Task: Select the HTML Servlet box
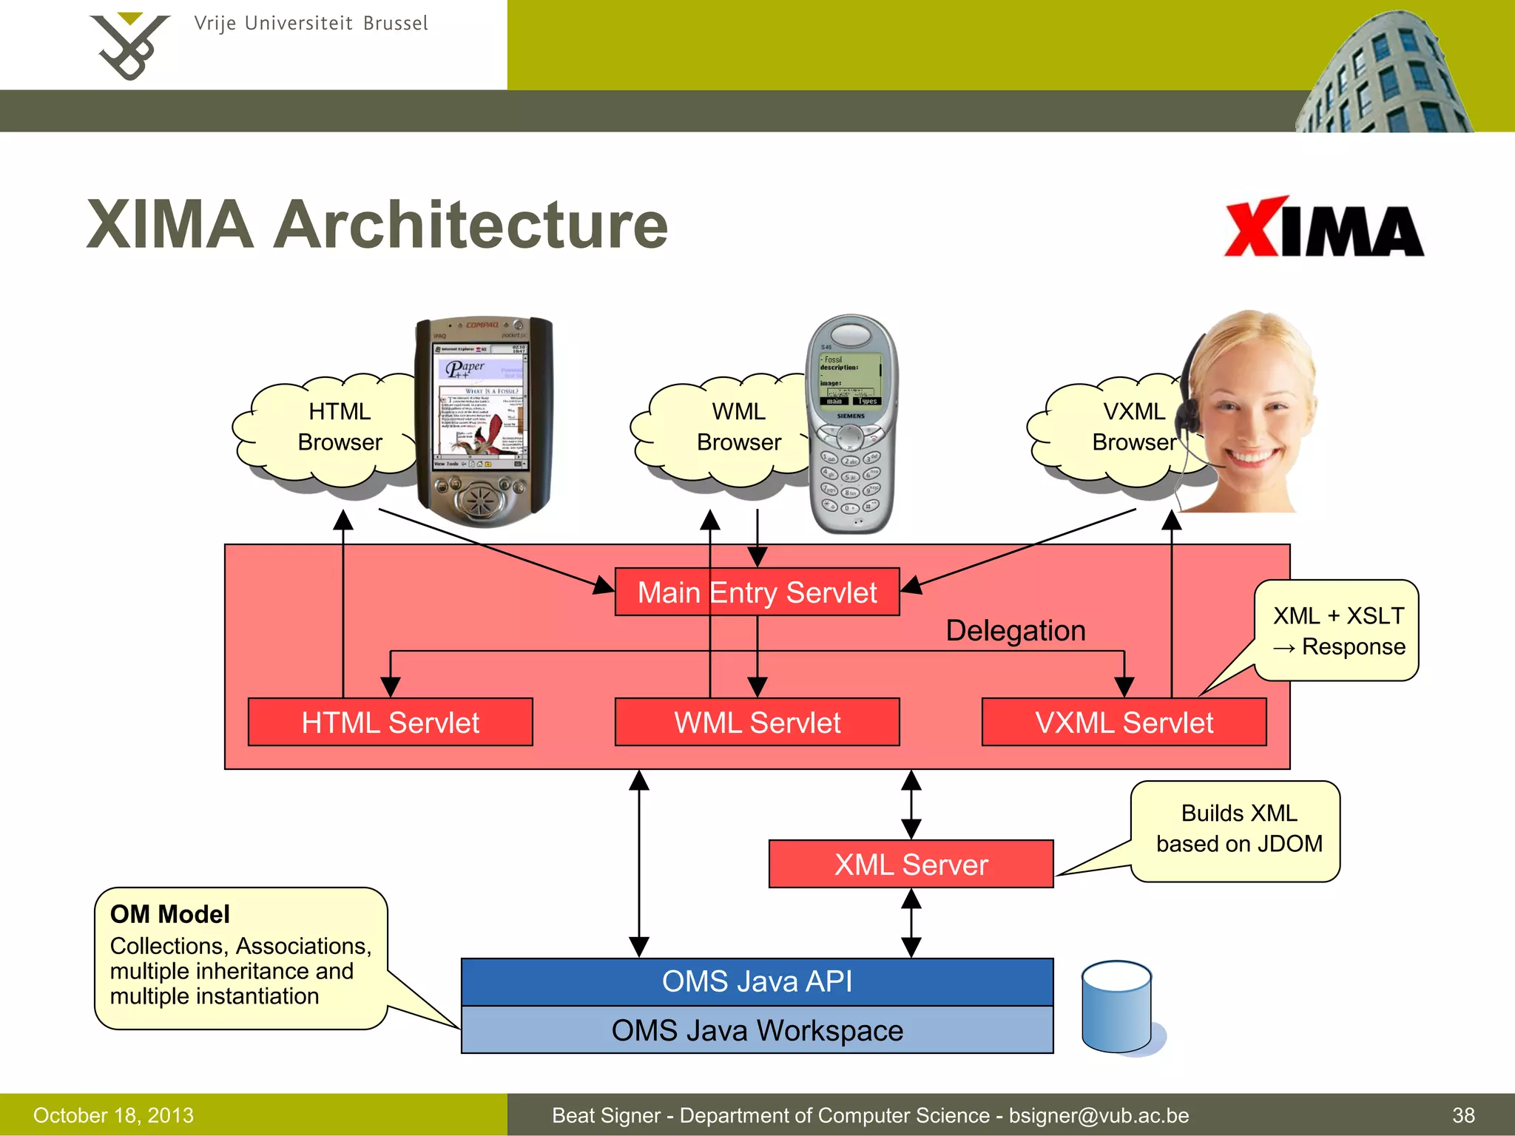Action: tap(390, 722)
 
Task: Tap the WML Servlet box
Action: tap(757, 722)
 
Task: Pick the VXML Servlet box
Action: tap(1124, 722)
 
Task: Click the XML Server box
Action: tap(911, 864)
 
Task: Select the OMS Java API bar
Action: tap(757, 981)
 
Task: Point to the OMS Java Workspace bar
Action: tap(757, 1030)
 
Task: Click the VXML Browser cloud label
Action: tap(1133, 427)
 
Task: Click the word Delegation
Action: tap(1015, 631)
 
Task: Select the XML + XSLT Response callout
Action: tap(1337, 631)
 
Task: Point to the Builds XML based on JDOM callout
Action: tap(1238, 829)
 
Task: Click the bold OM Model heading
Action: tap(169, 914)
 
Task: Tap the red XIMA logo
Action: tap(1323, 228)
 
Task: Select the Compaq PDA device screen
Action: tap(480, 407)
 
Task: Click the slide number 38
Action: tap(1462, 1115)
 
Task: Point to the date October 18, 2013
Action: tap(113, 1115)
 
